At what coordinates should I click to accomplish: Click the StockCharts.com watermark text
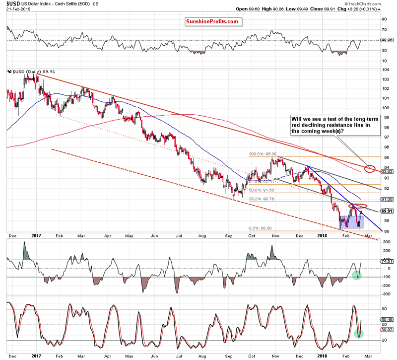359,3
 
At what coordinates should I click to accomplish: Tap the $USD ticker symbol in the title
10,4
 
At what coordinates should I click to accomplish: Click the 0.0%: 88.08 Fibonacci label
261,228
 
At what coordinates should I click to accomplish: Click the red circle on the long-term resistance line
369,169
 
